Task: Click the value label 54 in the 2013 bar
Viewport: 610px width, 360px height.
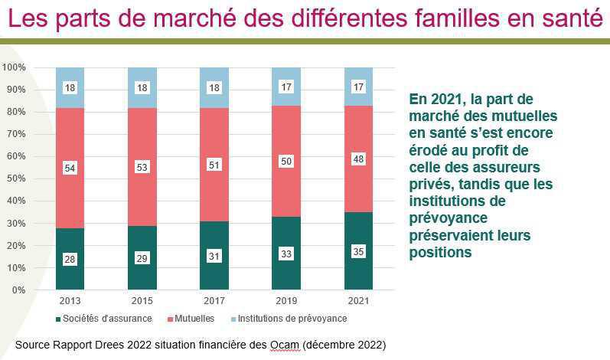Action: (x=70, y=168)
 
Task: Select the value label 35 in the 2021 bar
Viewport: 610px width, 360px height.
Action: (x=357, y=252)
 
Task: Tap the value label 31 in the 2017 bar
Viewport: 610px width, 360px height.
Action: (x=214, y=257)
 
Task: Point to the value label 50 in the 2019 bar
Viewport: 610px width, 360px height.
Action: (x=285, y=161)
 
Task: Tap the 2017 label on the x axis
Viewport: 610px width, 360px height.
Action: (x=214, y=299)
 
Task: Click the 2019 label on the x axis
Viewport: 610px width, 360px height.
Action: (x=285, y=299)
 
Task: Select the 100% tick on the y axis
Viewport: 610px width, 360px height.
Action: (x=14, y=67)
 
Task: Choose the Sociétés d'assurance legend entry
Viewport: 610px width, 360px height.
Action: (x=108, y=319)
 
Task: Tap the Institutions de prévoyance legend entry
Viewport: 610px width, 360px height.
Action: (x=292, y=319)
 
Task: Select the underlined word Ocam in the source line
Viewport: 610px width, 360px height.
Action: (x=284, y=345)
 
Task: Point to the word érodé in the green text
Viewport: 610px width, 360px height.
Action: (x=432, y=150)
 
